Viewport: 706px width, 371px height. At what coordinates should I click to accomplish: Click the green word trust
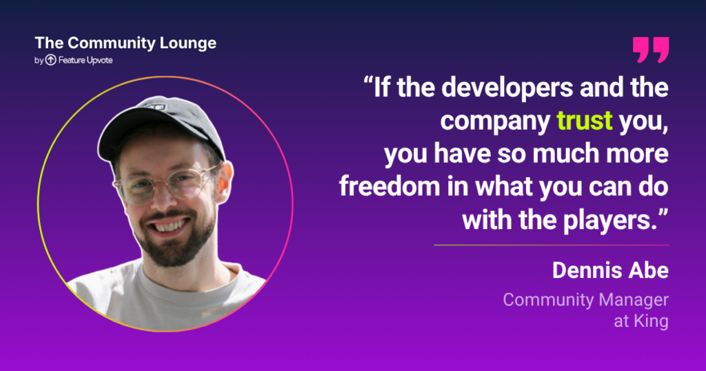pyautogui.click(x=585, y=120)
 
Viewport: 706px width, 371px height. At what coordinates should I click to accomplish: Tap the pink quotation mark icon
pyautogui.click(x=651, y=50)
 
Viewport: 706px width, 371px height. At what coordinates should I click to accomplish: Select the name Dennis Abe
pyautogui.click(x=610, y=270)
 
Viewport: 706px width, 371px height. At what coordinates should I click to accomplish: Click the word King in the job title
pyautogui.click(x=651, y=321)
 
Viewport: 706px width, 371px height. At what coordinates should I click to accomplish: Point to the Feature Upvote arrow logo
pyautogui.click(x=51, y=60)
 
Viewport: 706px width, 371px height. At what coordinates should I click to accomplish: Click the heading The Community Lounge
pyautogui.click(x=125, y=43)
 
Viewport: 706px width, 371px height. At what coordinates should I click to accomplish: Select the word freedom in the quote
pyautogui.click(x=390, y=186)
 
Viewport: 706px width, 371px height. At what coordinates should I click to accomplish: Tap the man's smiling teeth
pyautogui.click(x=170, y=225)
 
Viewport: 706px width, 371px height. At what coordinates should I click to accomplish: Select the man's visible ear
pyautogui.click(x=225, y=180)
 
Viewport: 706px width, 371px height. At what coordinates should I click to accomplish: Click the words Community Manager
pyautogui.click(x=586, y=300)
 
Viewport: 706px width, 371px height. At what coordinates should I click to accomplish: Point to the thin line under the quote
pyautogui.click(x=551, y=245)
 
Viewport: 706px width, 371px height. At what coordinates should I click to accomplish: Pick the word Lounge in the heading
pyautogui.click(x=189, y=43)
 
